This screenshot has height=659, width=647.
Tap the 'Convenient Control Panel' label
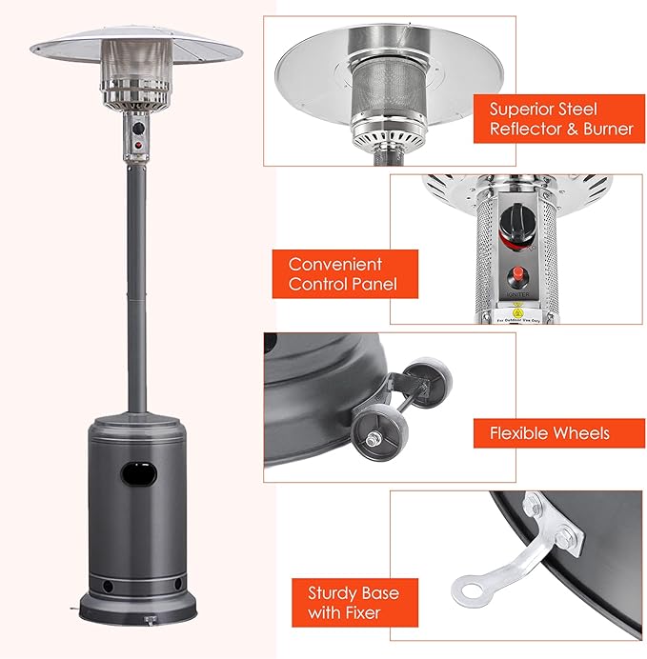[335, 273]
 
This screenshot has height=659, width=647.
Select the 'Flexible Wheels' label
[549, 433]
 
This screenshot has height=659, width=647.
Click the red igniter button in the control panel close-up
[518, 277]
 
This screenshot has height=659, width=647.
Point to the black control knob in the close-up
[517, 226]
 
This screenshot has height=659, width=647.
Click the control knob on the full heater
[137, 127]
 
